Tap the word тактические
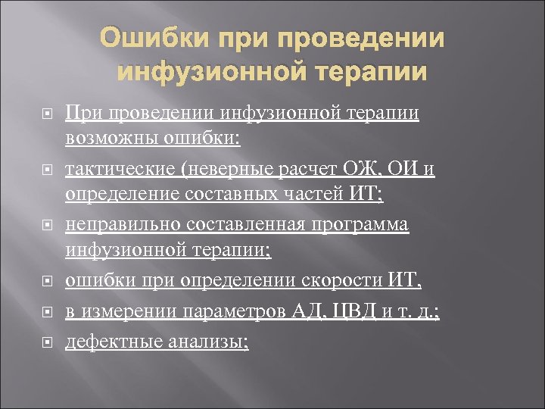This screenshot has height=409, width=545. coord(122,167)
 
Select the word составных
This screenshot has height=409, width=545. coord(241,195)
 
